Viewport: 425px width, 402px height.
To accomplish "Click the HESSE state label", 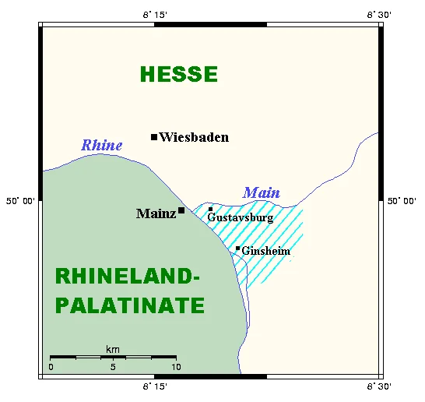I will [x=179, y=75].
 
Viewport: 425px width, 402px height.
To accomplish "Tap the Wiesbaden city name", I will [x=194, y=138].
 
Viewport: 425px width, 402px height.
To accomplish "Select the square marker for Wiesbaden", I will [x=154, y=137].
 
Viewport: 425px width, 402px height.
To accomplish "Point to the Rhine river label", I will [x=102, y=145].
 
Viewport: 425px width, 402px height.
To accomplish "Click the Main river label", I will [x=262, y=192].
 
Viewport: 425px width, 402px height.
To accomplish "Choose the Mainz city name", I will [x=156, y=213].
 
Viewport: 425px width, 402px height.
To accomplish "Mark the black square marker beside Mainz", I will [x=181, y=210].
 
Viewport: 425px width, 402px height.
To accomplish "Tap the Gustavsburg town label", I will [x=241, y=218].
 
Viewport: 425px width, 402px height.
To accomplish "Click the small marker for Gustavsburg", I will [x=210, y=209].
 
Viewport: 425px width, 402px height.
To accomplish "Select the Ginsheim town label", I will [x=266, y=251].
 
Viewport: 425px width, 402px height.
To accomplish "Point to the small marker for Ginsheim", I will [x=237, y=249].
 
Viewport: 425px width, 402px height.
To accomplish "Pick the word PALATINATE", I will [x=130, y=305].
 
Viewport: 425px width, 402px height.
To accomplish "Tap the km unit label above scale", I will [x=113, y=348].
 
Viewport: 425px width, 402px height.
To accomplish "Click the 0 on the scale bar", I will [x=51, y=366].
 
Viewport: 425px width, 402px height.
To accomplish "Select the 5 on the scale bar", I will [x=113, y=366].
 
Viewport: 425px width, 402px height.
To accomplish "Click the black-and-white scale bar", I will [x=113, y=357].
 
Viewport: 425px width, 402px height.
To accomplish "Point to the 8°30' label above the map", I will [x=380, y=15].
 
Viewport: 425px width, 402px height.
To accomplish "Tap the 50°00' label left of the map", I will [x=21, y=201].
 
